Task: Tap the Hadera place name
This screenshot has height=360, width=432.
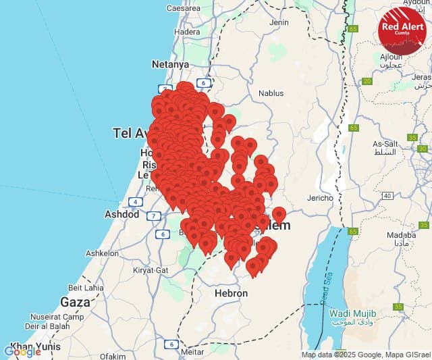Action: click(x=187, y=32)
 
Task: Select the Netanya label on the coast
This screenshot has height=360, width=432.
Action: click(x=170, y=64)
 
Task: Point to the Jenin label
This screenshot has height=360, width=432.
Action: click(x=279, y=22)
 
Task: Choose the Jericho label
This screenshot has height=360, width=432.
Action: click(x=320, y=198)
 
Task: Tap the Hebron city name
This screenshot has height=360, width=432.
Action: click(x=231, y=294)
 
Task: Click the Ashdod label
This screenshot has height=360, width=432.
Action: click(x=122, y=214)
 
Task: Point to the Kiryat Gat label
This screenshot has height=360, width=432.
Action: click(x=151, y=269)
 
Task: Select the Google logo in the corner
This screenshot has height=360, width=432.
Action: click(x=22, y=351)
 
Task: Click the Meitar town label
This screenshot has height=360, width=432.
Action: click(x=192, y=351)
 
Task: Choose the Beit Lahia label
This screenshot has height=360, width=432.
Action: click(x=85, y=287)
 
